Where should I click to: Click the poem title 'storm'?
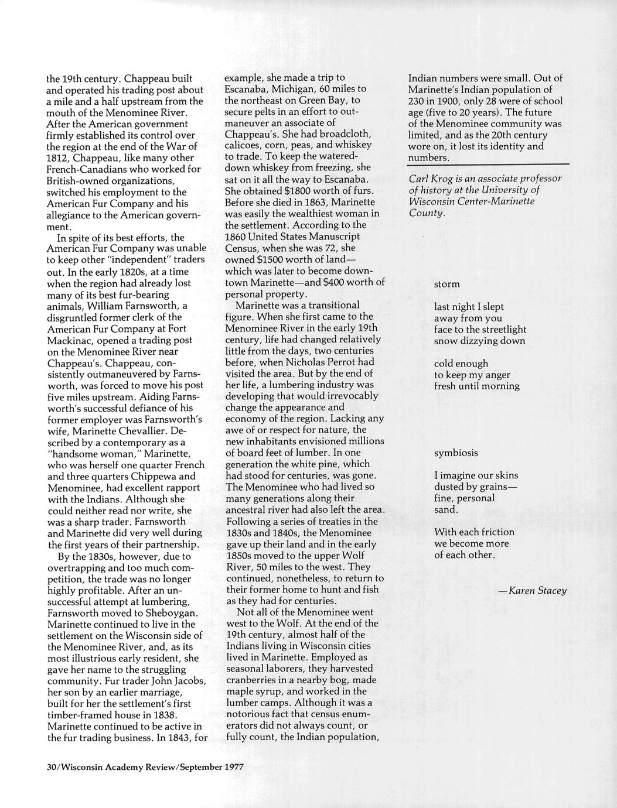[446, 285]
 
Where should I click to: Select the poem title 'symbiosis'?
[456, 453]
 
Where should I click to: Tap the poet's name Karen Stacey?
[537, 591]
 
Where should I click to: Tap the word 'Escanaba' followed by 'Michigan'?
[246, 89]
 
